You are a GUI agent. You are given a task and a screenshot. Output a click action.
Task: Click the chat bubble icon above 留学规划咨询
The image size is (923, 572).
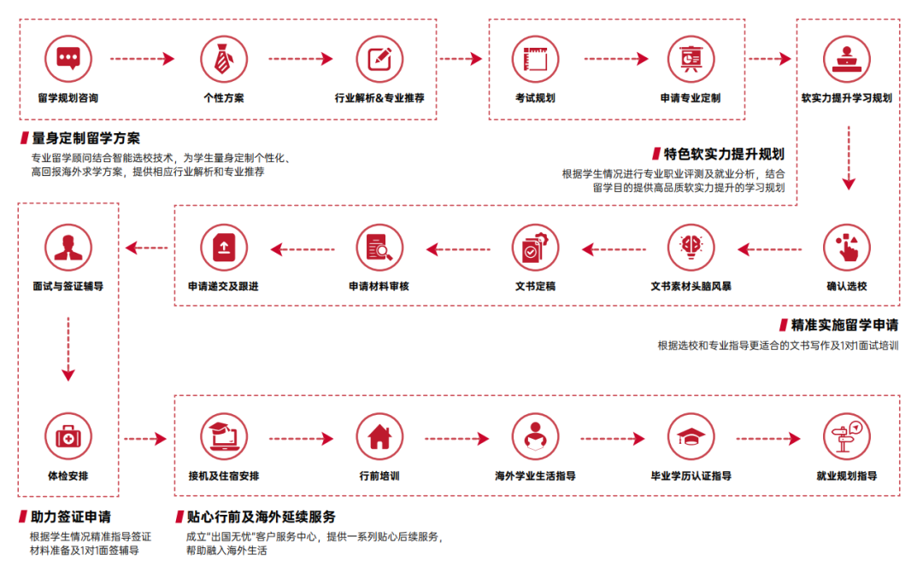pyautogui.click(x=68, y=58)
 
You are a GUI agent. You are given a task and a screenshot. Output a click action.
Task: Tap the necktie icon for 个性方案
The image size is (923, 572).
pyautogui.click(x=224, y=58)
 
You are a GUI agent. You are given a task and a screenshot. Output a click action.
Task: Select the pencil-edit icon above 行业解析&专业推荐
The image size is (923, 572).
pyautogui.click(x=379, y=58)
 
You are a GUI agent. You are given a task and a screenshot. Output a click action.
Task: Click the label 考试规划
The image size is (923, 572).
pyautogui.click(x=535, y=98)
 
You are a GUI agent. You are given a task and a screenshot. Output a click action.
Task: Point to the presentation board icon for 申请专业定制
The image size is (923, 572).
pyautogui.click(x=691, y=58)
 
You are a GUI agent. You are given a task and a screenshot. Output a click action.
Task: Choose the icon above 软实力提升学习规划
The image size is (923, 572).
pyautogui.click(x=846, y=58)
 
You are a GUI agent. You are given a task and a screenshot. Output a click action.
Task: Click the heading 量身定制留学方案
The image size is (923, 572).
pyautogui.click(x=86, y=137)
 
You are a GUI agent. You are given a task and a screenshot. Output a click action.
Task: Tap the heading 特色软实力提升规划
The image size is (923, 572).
pyautogui.click(x=724, y=155)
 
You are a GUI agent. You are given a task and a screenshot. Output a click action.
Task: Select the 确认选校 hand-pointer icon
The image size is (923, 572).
pyautogui.click(x=846, y=247)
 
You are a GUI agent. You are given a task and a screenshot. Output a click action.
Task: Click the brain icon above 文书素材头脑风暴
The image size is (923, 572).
pyautogui.click(x=691, y=247)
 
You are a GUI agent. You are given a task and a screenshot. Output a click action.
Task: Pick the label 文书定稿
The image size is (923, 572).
pyautogui.click(x=535, y=286)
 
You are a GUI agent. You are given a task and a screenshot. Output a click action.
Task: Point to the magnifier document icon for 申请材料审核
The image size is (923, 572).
pyautogui.click(x=379, y=247)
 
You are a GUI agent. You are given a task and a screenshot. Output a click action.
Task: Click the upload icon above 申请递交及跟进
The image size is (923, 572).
pyautogui.click(x=224, y=247)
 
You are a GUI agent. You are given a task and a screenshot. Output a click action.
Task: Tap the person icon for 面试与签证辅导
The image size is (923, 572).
pyautogui.click(x=68, y=247)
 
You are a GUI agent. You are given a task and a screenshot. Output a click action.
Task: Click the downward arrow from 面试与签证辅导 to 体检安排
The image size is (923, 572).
pyautogui.click(x=68, y=350)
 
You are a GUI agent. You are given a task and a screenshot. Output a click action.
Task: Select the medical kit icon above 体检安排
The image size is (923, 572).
pyautogui.click(x=68, y=437)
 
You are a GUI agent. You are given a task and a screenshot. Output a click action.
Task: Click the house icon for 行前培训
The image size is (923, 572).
pyautogui.click(x=379, y=437)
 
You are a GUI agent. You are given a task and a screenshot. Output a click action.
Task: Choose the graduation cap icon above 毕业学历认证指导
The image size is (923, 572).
pyautogui.click(x=691, y=437)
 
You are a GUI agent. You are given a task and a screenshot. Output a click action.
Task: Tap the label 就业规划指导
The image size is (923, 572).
pyautogui.click(x=846, y=476)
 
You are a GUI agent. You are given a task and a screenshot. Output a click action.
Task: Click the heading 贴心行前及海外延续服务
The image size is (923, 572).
pyautogui.click(x=262, y=517)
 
